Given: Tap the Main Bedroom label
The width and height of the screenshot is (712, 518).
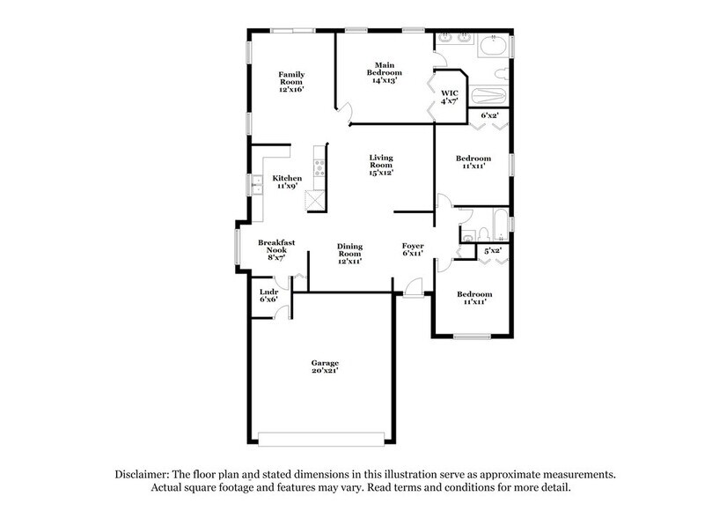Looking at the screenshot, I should click(x=384, y=72).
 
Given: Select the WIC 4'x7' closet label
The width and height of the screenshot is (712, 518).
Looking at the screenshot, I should click(x=450, y=97).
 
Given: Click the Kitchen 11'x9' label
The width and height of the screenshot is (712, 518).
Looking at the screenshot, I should click(x=287, y=182).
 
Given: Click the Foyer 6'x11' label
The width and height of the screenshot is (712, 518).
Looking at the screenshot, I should click(x=413, y=250).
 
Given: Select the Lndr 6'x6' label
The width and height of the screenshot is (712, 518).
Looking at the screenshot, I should click(x=268, y=296).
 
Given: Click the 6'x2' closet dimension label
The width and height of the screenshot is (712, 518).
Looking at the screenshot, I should click(x=490, y=115).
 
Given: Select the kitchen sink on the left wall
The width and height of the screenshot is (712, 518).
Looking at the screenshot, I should click(x=258, y=185).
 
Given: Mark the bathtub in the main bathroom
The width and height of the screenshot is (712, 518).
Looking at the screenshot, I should click(x=488, y=95).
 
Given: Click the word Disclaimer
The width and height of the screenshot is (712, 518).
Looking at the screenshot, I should click(x=146, y=474).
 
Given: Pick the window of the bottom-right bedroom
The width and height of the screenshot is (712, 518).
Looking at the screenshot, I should click(x=472, y=336).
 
